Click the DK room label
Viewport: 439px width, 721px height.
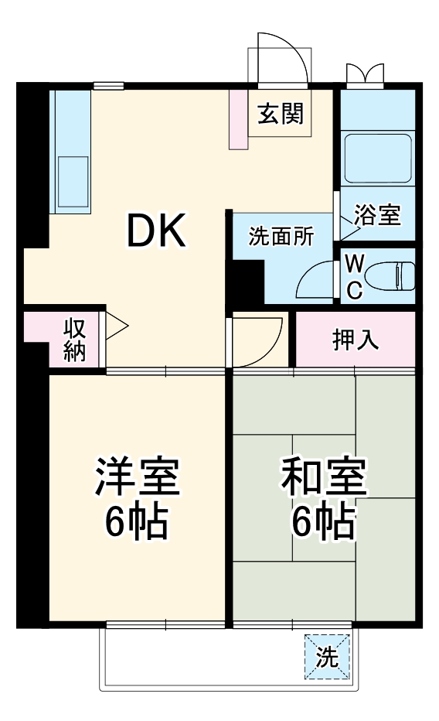156,231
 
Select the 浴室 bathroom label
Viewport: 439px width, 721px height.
377,215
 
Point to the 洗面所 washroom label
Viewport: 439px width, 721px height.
281,237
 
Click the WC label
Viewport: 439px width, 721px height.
353,276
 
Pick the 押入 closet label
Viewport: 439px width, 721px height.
356,340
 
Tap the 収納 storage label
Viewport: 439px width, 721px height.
74,339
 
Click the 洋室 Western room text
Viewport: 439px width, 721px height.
138,477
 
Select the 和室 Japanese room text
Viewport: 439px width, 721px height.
323,477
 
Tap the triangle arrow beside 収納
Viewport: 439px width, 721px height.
116,325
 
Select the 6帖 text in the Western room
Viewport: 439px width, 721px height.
138,523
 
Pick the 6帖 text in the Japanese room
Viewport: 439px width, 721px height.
323,523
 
